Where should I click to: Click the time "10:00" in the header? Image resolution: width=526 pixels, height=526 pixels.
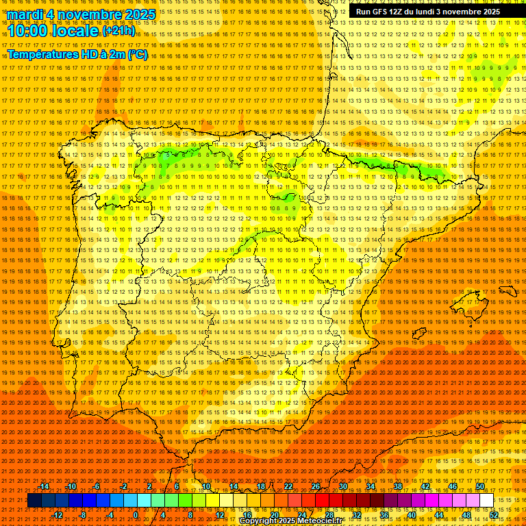[31, 31]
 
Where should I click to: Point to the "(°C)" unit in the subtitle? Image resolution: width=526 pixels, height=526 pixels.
[137, 54]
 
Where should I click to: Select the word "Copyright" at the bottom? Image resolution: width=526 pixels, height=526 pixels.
[259, 521]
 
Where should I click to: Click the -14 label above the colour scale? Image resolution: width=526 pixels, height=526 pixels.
[44, 486]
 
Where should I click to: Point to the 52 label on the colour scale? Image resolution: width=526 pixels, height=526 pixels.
[494, 515]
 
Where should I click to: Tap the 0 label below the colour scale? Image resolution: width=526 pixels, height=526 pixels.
[136, 515]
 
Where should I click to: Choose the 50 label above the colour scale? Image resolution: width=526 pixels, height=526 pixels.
[480, 486]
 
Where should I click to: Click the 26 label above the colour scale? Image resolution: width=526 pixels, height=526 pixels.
[316, 486]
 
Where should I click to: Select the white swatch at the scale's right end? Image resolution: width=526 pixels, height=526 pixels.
[486, 501]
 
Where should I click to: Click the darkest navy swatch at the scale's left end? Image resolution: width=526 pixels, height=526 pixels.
[34, 501]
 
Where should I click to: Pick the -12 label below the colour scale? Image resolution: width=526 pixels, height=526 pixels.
[58, 515]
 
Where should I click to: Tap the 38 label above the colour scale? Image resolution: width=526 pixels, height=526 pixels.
[398, 486]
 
